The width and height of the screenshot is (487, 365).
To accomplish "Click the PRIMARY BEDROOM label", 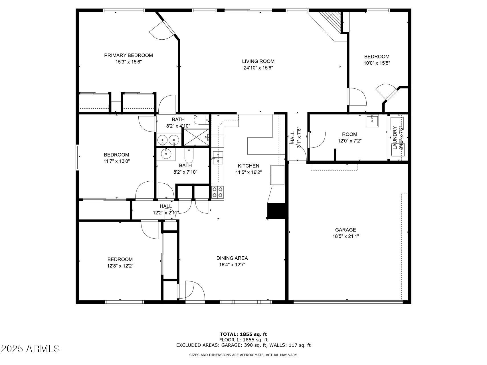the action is point(128,55).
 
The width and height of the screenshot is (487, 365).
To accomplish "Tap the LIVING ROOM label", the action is point(258,61).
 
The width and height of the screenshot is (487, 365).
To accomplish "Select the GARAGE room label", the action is point(345,230).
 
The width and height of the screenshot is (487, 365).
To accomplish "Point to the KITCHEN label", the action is point(248,166).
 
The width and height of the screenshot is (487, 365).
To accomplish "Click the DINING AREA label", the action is point(232,258).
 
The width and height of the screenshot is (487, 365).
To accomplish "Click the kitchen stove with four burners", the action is point(218,192).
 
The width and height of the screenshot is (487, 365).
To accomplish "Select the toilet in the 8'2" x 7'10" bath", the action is point(189,156).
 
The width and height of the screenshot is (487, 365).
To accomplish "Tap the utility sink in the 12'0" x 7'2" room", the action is point(372,121).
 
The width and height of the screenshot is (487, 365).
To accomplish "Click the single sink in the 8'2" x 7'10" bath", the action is point(166,154).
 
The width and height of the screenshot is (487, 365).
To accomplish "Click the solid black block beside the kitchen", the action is point(276,211).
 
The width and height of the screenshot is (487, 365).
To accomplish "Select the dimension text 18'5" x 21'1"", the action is point(345,236).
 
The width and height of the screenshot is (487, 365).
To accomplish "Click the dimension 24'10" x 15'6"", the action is point(258,68).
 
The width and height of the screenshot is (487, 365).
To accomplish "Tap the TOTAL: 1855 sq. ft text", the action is point(243,334).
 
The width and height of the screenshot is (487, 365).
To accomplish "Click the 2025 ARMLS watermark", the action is point(31,348).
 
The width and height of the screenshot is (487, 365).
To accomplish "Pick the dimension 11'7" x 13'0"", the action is point(116,161).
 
